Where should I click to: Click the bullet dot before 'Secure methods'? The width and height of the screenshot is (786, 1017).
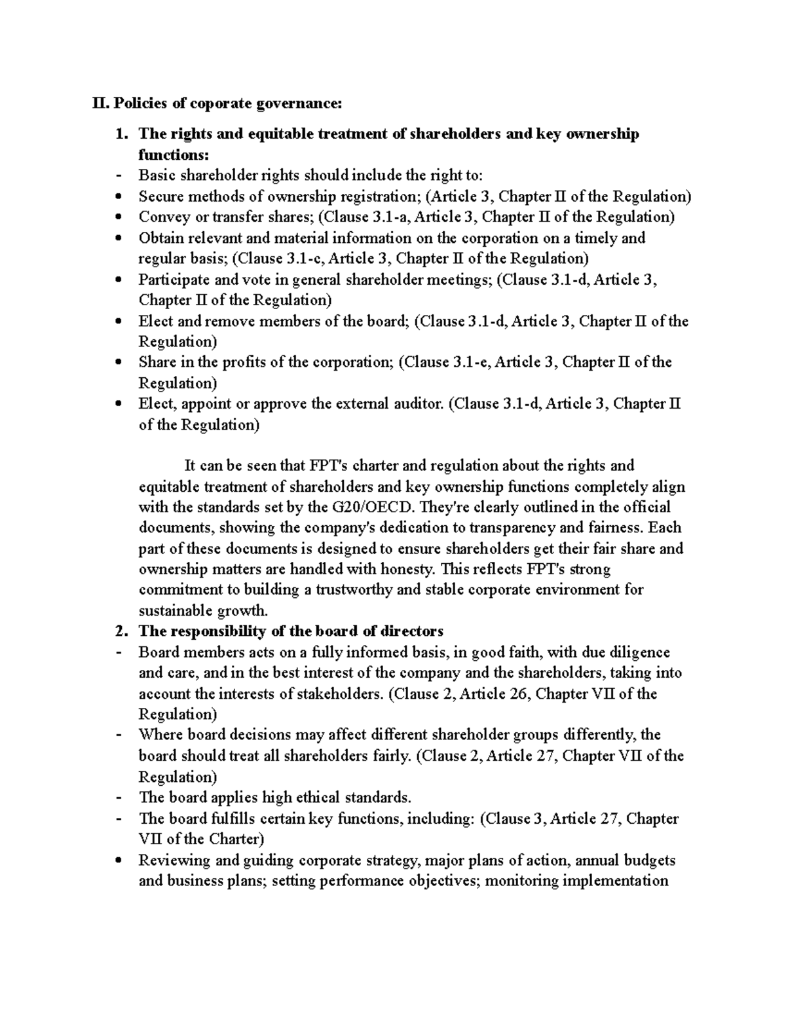point(118,196)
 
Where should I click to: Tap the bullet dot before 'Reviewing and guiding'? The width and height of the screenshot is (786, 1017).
point(118,860)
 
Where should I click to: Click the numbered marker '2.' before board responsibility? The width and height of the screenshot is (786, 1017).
point(121,631)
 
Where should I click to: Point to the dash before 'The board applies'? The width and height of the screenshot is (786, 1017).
point(118,798)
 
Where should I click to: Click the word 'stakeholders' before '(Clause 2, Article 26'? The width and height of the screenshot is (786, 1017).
point(341,693)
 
